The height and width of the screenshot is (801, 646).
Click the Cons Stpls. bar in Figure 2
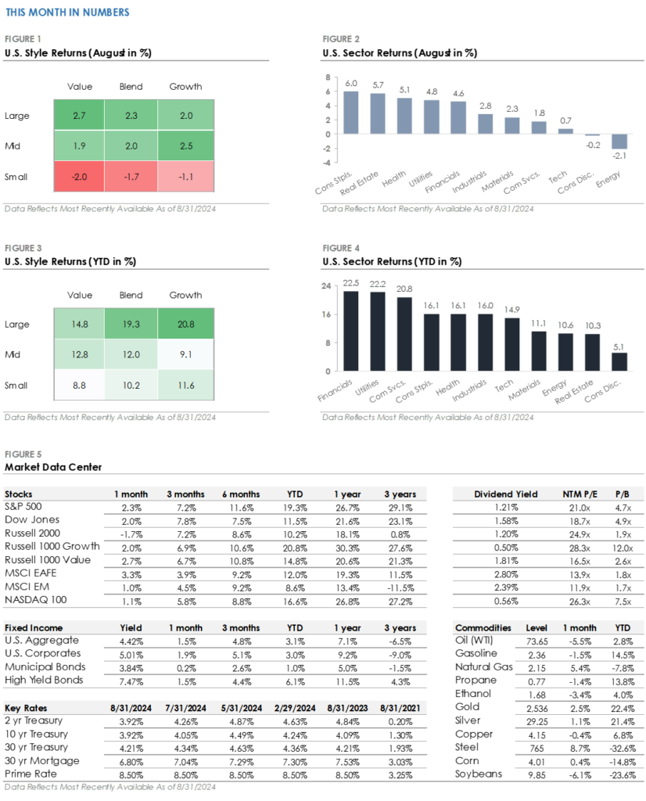(351, 113)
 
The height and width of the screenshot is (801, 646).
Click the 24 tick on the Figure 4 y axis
(328, 286)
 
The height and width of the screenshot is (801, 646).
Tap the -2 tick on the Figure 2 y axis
(328, 148)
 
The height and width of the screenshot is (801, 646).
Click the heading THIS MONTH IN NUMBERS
(67, 13)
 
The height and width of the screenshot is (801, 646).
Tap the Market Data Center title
(52, 467)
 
